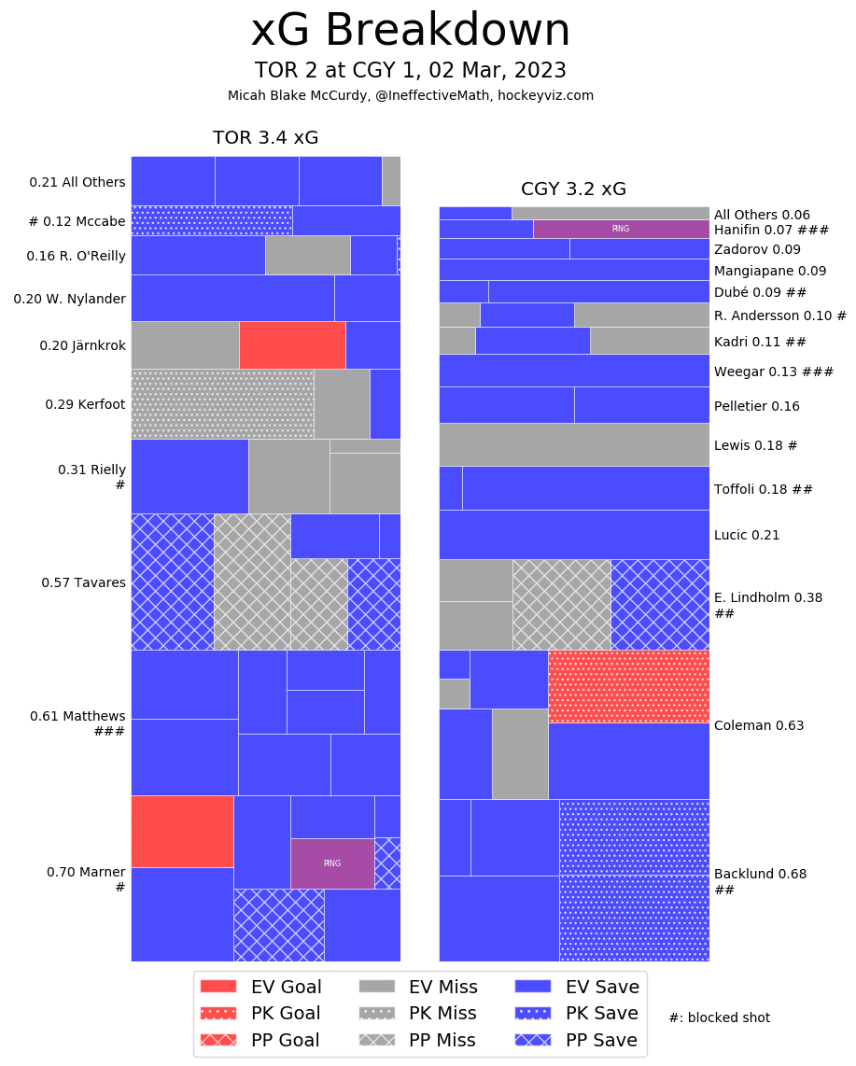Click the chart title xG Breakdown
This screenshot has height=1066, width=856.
[410, 32]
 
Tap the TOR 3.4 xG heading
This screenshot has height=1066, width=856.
[265, 138]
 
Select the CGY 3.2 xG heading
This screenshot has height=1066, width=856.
[573, 189]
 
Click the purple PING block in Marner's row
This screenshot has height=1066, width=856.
[332, 863]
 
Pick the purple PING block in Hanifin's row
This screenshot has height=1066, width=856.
[621, 229]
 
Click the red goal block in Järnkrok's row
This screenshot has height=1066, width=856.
[292, 345]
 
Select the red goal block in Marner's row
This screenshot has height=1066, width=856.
[182, 831]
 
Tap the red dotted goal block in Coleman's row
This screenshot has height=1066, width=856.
[628, 686]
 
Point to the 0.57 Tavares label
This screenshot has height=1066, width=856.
[83, 582]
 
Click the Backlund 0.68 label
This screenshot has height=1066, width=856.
[760, 875]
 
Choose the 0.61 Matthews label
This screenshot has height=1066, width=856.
[77, 716]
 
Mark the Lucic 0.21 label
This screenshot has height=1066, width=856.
[746, 535]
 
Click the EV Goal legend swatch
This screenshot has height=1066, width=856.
[219, 987]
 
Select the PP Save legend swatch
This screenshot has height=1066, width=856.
[534, 1040]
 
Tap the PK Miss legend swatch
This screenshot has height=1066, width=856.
[378, 1014]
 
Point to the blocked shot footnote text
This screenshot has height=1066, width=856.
[719, 1017]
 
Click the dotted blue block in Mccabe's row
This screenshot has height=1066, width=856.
[211, 220]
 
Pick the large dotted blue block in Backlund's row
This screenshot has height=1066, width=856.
[634, 880]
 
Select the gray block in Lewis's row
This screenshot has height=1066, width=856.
[574, 444]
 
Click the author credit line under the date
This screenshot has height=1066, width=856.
[410, 95]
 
